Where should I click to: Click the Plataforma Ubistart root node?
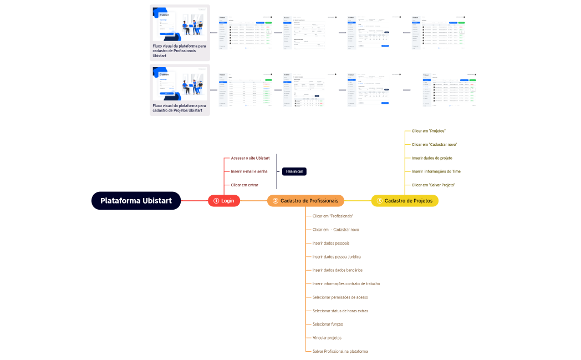136,201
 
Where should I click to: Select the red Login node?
224,201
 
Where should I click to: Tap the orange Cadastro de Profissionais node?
306,201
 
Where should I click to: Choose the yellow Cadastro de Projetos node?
405,201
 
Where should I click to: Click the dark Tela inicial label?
294,171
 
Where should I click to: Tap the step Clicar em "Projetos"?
429,131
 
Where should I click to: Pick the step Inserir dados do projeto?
432,158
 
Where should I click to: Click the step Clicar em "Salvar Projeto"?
433,185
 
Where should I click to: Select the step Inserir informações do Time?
436,171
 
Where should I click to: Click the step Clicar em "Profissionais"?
333,216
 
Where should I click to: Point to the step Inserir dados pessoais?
331,243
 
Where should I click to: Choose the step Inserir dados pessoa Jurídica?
337,256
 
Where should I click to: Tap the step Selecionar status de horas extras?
340,311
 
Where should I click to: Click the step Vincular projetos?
327,337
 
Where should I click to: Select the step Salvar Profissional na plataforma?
340,351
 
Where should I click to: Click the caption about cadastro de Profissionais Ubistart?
179,51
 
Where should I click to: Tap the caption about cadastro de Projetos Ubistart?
179,108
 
